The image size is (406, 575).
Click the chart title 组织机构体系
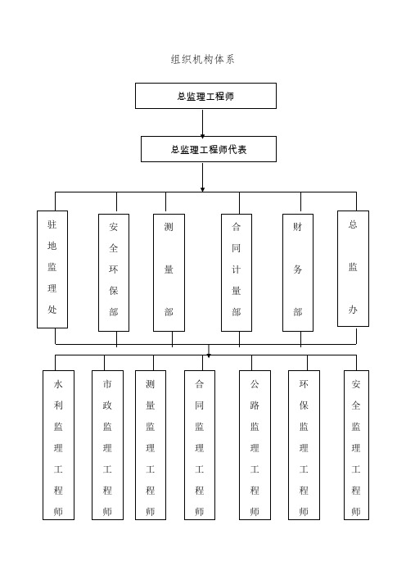point(202,60)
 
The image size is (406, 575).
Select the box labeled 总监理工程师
point(205,96)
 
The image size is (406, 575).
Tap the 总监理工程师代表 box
point(208,149)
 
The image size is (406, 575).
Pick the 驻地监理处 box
point(52,269)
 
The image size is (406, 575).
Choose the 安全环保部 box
point(113,272)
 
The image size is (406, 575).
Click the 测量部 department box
point(169,272)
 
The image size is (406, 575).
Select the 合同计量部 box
point(236,272)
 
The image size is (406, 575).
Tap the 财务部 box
point(298,272)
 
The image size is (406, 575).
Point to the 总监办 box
point(353,269)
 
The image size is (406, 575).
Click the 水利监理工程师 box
point(58,445)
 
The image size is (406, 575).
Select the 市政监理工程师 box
point(107,445)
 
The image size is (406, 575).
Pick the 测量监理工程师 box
point(151,445)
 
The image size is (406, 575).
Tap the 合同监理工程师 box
point(200,445)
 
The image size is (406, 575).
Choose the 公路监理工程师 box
point(255,445)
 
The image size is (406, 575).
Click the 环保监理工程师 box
point(304,445)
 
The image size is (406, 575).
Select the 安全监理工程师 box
point(356,445)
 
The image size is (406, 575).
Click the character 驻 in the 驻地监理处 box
point(52,224)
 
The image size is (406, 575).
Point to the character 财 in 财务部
point(298,226)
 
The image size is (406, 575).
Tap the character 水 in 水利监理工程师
point(58,383)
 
